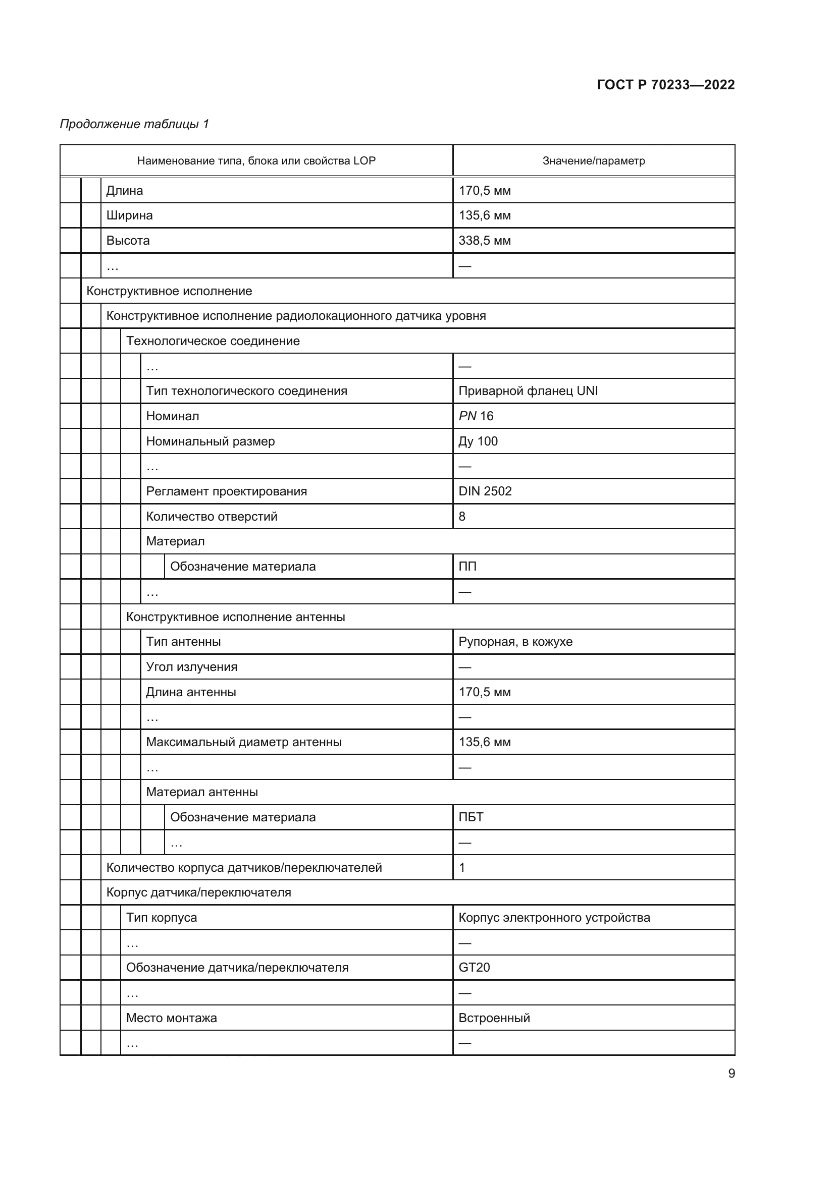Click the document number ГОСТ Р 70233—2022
(x=665, y=85)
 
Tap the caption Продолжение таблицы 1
(x=135, y=124)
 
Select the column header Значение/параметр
(x=593, y=161)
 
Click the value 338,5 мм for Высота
(x=484, y=241)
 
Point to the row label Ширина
(x=130, y=215)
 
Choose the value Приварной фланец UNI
(x=528, y=391)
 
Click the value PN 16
(x=476, y=416)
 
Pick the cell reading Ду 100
(x=478, y=441)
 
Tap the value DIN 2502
(x=485, y=491)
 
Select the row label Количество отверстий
(x=212, y=516)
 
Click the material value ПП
(x=467, y=567)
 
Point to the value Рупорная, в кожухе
(x=515, y=641)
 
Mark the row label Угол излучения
(x=191, y=666)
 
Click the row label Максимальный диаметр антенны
(x=244, y=742)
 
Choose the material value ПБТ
(x=471, y=817)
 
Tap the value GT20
(x=474, y=967)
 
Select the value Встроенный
(x=494, y=1018)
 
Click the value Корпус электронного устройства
(x=554, y=917)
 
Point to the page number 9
(x=731, y=1073)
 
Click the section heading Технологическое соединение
(x=213, y=341)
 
